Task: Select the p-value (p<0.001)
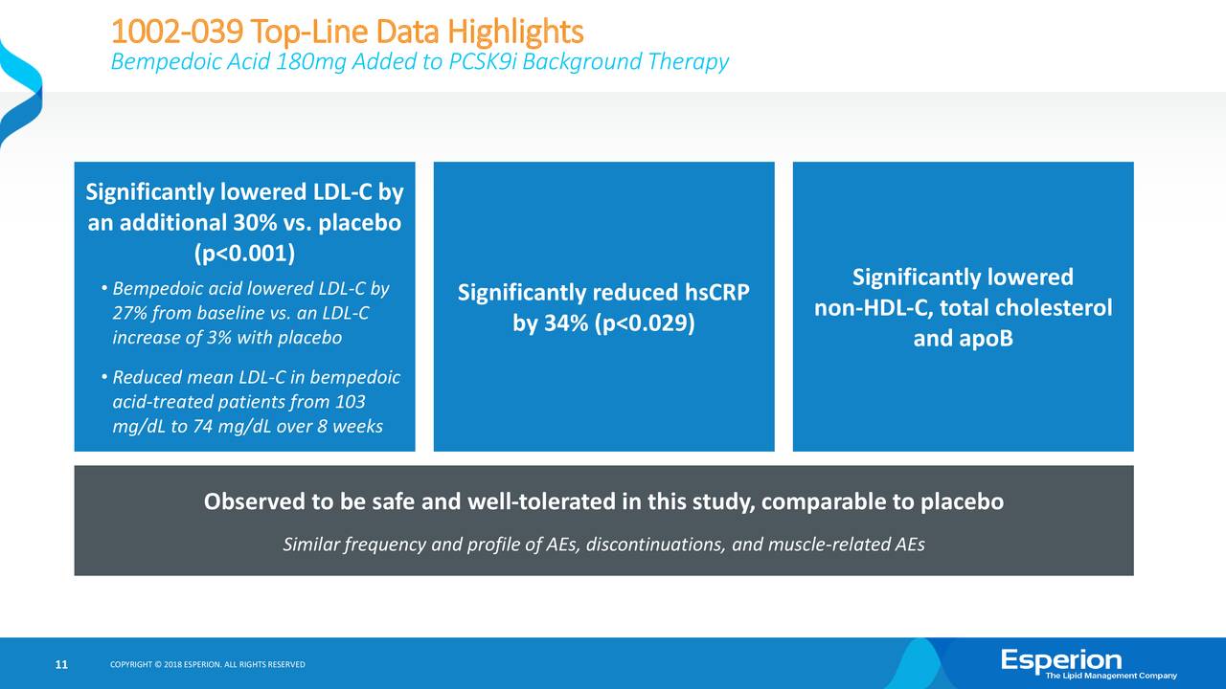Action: (x=244, y=254)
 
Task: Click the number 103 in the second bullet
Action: (x=350, y=402)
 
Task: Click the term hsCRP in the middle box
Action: (x=715, y=293)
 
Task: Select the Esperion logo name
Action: (x=1061, y=659)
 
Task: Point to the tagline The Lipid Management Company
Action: (x=1111, y=677)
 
